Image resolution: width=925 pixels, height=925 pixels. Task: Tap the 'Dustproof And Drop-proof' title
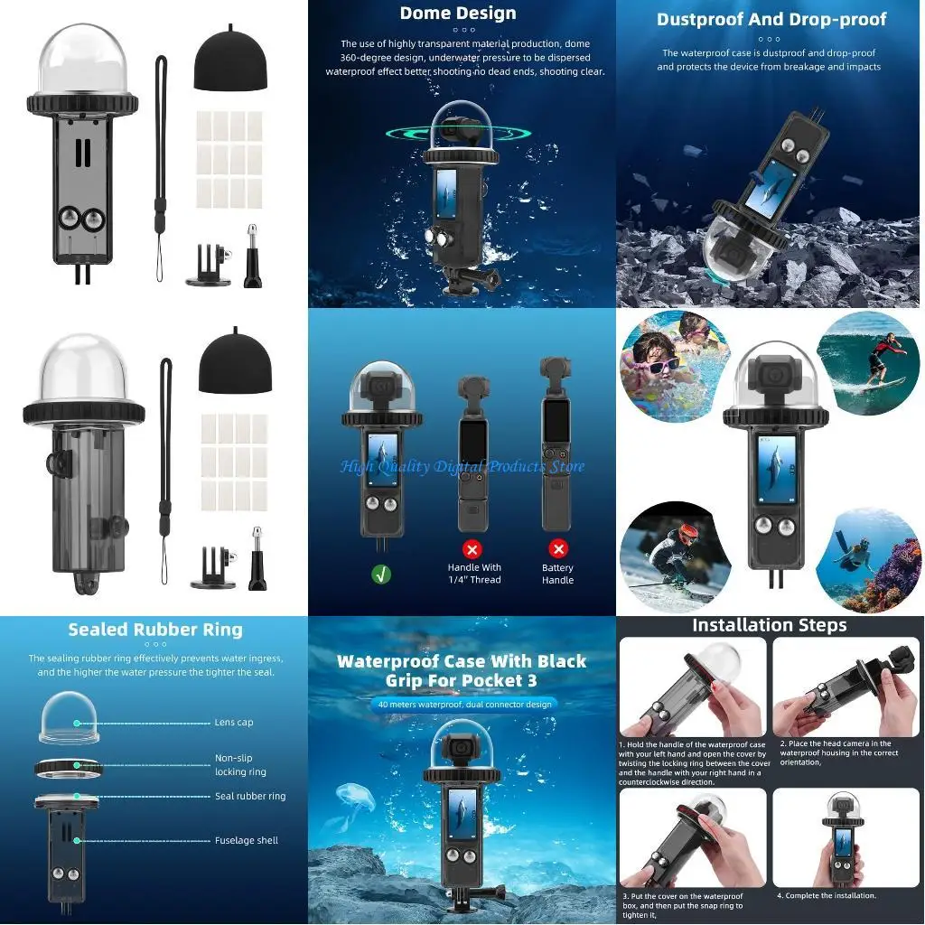[771, 19]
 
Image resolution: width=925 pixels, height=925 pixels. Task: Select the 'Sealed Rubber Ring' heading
[155, 630]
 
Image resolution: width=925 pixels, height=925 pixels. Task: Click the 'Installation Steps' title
[769, 625]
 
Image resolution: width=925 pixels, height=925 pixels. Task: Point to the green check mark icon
[381, 573]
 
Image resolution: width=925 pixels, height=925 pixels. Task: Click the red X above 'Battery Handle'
[557, 548]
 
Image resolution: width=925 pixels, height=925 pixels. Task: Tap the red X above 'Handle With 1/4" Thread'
[472, 548]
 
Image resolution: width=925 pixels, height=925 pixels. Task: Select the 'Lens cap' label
[234, 723]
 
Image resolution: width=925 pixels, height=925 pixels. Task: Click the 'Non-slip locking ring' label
[240, 765]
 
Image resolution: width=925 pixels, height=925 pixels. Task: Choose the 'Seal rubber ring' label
[249, 796]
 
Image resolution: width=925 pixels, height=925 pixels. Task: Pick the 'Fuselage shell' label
[246, 840]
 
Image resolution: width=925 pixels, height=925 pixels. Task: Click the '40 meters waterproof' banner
[464, 704]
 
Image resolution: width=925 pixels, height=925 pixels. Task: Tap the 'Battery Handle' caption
[557, 574]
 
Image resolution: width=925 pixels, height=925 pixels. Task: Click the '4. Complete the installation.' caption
[826, 895]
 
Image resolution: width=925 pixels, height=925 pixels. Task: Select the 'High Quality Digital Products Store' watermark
[462, 466]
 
